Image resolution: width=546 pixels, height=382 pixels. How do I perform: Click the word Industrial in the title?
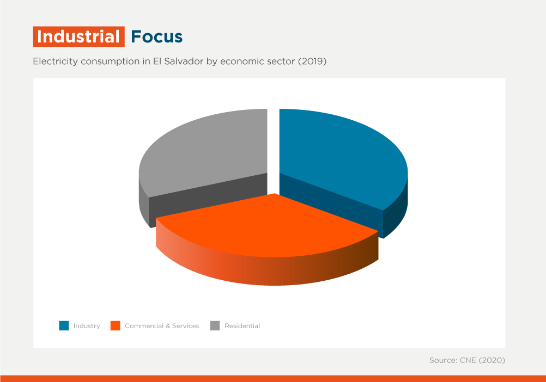78,36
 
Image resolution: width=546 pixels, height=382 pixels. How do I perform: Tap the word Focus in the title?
157,36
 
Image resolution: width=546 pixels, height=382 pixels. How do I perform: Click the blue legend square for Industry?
64,326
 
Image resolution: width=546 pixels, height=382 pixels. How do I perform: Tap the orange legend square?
116,326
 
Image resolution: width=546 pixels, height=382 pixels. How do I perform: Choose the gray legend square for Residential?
215,326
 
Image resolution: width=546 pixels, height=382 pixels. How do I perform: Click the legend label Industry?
87,326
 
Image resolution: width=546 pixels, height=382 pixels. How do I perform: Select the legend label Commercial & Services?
162,326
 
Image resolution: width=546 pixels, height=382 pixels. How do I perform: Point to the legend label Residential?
242,326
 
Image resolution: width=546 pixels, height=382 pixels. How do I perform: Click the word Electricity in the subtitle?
56,61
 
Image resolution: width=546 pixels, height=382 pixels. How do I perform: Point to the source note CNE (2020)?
482,360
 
